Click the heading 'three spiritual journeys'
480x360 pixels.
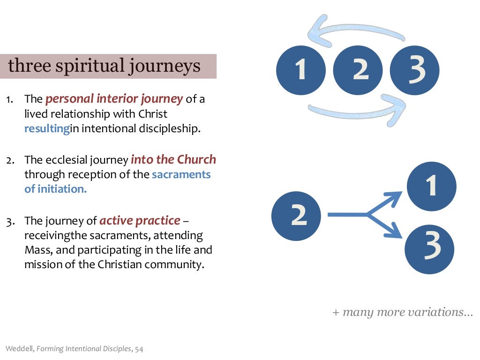[x=105, y=66]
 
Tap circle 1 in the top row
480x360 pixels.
[x=300, y=69]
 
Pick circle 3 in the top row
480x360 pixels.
[x=415, y=69]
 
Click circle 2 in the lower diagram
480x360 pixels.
[x=296, y=215]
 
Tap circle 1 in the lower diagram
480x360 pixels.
[x=431, y=187]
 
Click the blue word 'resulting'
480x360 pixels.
[x=47, y=128]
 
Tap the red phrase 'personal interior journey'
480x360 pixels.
[x=114, y=99]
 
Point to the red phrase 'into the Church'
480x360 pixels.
[x=173, y=160]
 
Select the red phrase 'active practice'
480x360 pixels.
[x=140, y=220]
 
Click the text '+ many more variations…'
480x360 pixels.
[x=403, y=312]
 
